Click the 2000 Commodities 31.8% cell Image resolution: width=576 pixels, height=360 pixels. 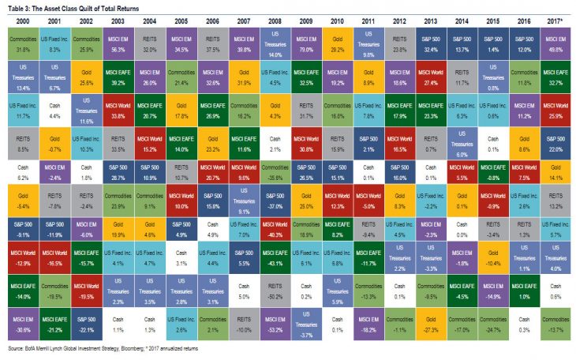click(x=22, y=41)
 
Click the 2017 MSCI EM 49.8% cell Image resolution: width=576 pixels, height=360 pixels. click(x=557, y=41)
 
